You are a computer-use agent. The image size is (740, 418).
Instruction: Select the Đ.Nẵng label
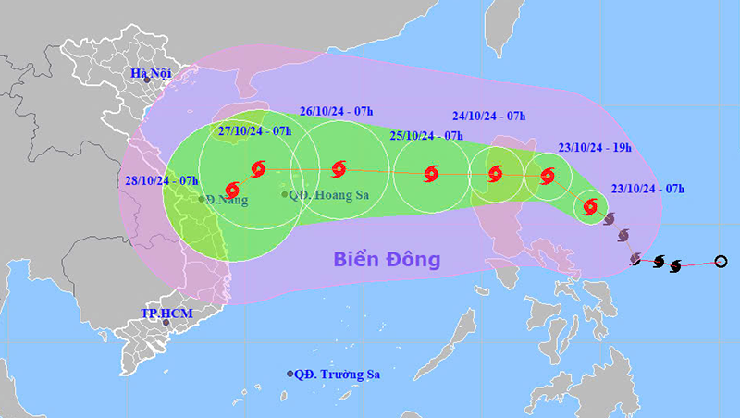point(228,199)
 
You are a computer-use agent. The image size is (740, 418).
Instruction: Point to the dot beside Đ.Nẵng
point(203,199)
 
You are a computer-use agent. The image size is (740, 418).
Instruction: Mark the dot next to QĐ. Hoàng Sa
point(285,194)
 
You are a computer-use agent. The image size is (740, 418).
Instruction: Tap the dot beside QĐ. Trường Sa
point(290,375)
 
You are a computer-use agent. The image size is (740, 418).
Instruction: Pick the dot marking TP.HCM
point(166,323)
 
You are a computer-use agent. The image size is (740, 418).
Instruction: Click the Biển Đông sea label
point(387,259)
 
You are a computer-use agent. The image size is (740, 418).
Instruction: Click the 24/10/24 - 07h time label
point(489,117)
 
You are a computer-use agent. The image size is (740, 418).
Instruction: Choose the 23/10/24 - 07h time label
point(647,189)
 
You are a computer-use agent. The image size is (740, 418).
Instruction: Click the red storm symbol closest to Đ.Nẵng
point(232,190)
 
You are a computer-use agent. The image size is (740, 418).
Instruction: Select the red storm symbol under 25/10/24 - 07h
point(431,173)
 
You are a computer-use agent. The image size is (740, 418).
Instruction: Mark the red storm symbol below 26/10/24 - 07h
point(338,168)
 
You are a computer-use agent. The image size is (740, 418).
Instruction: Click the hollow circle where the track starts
point(721,263)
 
